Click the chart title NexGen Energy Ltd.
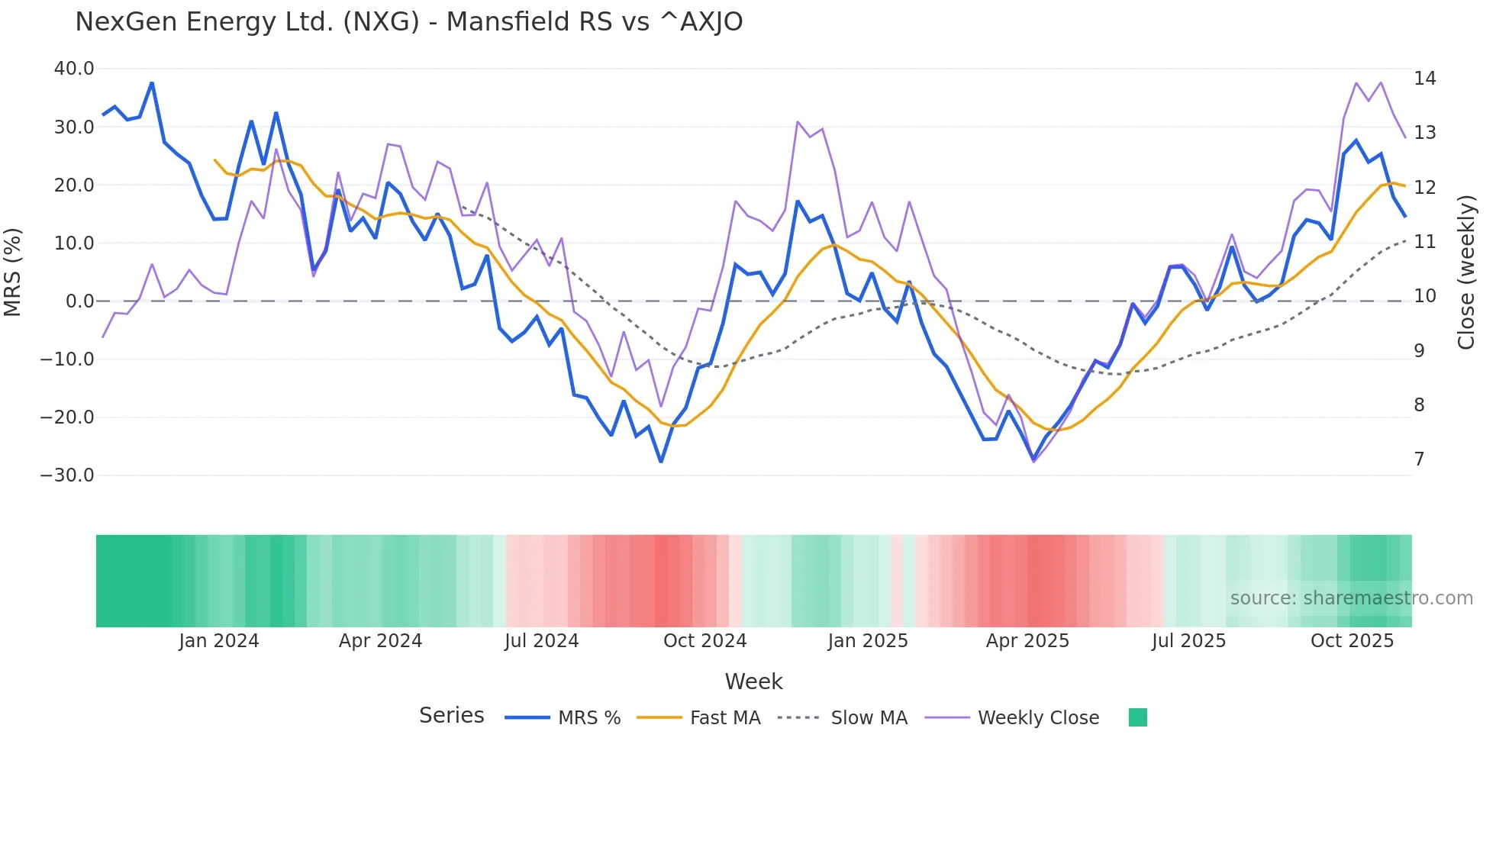[x=408, y=22]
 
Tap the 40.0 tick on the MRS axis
[x=74, y=69]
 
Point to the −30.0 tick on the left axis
[x=67, y=475]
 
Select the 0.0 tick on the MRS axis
[x=80, y=301]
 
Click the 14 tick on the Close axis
[x=1424, y=79]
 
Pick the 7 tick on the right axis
[x=1419, y=459]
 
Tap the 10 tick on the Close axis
[x=1424, y=296]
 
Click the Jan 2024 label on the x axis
[x=219, y=641]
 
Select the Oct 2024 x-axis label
[x=704, y=641]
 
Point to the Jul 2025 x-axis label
[x=1188, y=641]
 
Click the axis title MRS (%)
[x=13, y=272]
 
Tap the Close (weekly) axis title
[x=1465, y=272]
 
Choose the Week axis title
[x=753, y=681]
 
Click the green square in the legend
[x=1137, y=717]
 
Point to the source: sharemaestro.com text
[x=1351, y=598]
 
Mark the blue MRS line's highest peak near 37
[x=152, y=83]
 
